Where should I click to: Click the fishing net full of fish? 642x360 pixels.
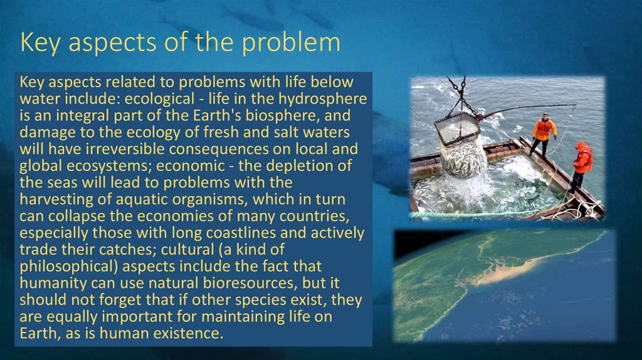click(463, 157)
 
